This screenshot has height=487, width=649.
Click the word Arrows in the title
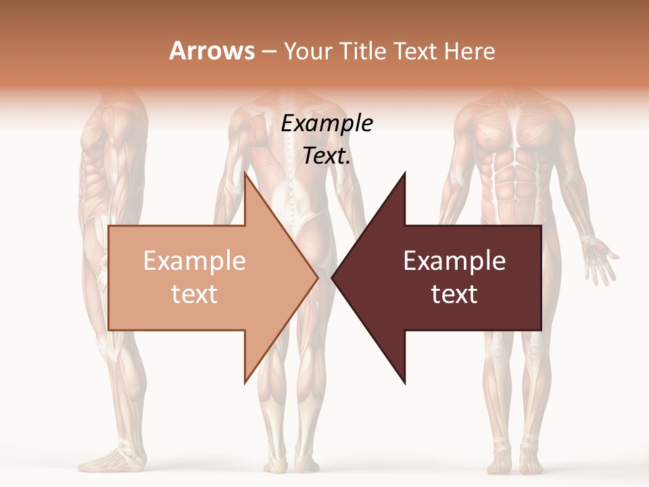pyautogui.click(x=212, y=51)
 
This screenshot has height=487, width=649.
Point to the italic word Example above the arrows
pyautogui.click(x=327, y=124)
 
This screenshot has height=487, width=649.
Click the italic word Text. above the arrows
pyautogui.click(x=327, y=156)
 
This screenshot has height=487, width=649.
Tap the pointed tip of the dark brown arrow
pyautogui.click(x=332, y=277)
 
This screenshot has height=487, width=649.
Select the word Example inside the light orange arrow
pyautogui.click(x=194, y=261)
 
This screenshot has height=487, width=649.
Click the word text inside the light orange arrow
pyautogui.click(x=194, y=294)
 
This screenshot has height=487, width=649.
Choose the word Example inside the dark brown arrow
pyautogui.click(x=454, y=261)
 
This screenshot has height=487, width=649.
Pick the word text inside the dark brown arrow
pyautogui.click(x=454, y=294)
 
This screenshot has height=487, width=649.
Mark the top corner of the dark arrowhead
pyautogui.click(x=405, y=172)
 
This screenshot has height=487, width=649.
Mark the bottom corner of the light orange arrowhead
pyautogui.click(x=245, y=383)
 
